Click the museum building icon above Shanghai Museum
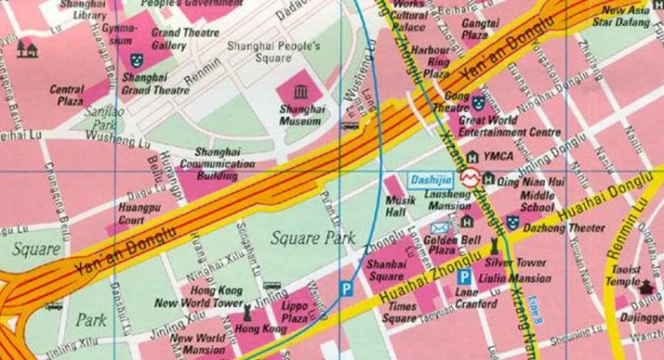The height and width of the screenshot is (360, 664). point(301,91)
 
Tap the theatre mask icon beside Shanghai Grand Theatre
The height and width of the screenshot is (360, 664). point(137,60)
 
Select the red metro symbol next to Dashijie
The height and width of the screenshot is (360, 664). point(471,178)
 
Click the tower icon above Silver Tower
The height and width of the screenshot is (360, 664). point(493,244)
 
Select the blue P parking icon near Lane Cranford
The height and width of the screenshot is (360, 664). point(465,277)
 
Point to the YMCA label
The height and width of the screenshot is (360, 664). point(499,157)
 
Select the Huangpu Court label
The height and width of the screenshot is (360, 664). point(131,213)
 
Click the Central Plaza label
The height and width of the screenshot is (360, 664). point(67,95)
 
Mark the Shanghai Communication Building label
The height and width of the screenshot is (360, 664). point(217,164)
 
